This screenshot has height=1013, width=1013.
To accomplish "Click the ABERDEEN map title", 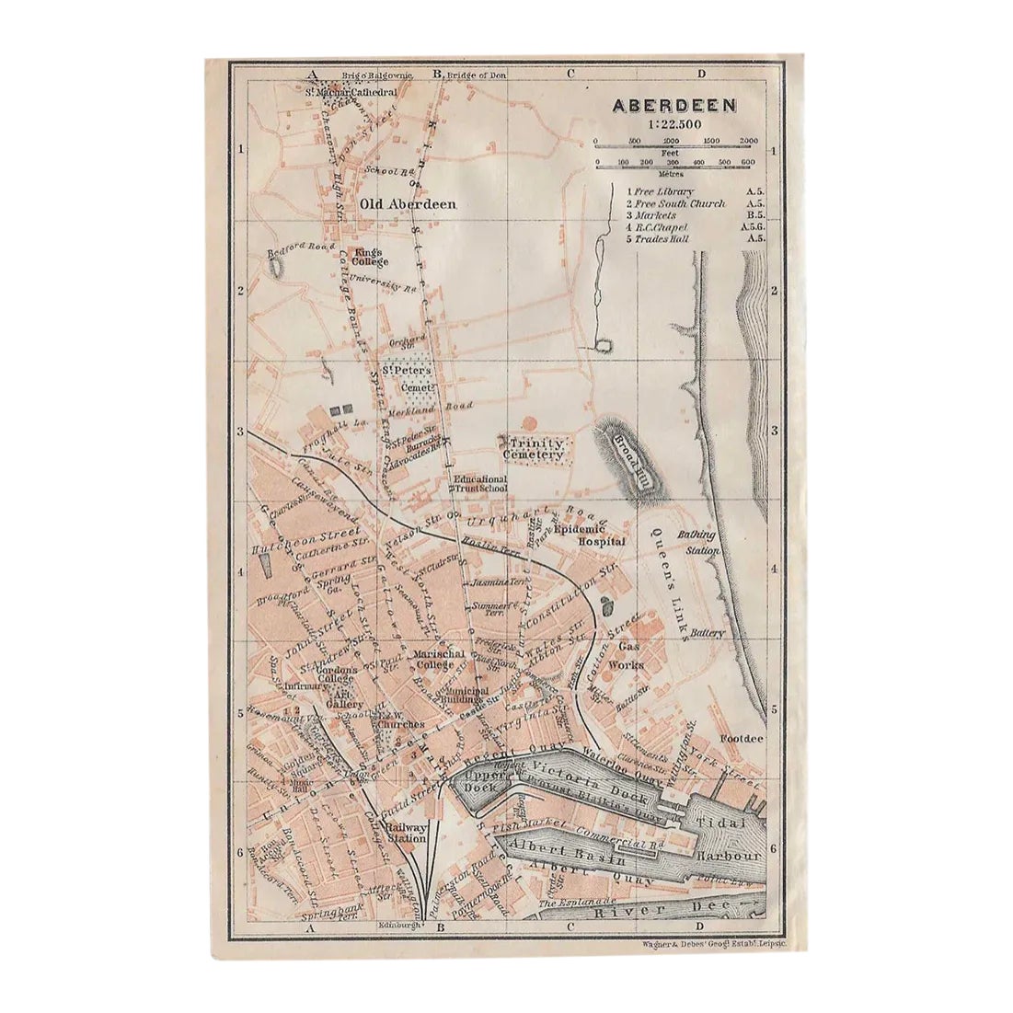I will tap(674, 104).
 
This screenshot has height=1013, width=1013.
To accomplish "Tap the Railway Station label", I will tap(405, 832).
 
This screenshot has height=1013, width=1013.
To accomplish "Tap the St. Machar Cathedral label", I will tap(351, 93).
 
